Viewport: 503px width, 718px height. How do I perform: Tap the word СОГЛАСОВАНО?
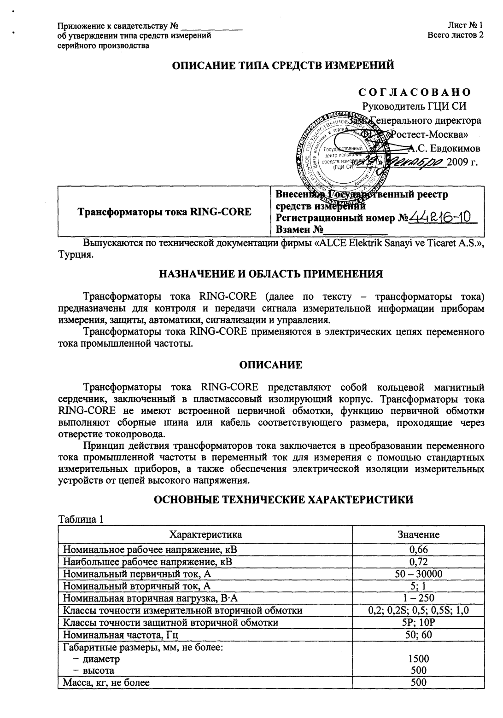tap(419, 92)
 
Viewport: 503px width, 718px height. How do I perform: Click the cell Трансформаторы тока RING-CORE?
tap(164, 212)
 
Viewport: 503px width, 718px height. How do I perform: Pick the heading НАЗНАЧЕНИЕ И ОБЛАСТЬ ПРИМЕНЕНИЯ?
tap(271, 274)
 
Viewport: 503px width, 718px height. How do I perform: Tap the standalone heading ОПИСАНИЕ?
tap(271, 365)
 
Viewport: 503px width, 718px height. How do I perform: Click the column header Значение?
tap(418, 534)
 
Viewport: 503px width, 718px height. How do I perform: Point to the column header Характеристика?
tap(205, 534)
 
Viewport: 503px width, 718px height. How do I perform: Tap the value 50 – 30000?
tap(418, 573)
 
